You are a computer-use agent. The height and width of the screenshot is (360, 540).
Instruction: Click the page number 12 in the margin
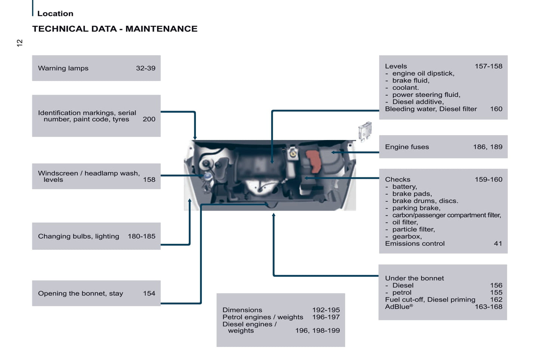pyautogui.click(x=19, y=43)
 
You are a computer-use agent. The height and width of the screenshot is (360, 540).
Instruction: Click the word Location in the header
pyautogui.click(x=55, y=13)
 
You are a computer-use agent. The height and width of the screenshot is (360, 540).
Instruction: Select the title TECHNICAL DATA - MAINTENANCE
pyautogui.click(x=115, y=29)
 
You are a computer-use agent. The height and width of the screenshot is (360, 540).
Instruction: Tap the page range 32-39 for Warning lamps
pyautogui.click(x=146, y=68)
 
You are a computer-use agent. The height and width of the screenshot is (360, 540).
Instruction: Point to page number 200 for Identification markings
pyautogui.click(x=149, y=119)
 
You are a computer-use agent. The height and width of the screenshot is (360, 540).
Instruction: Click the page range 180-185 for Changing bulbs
pyautogui.click(x=142, y=236)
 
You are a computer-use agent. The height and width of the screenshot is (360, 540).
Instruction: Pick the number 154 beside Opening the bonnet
pyautogui.click(x=149, y=293)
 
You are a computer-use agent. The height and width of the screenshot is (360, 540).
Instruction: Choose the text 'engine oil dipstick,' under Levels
pyautogui.click(x=423, y=74)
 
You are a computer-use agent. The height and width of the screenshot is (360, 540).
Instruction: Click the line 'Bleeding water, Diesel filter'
pyautogui.click(x=431, y=109)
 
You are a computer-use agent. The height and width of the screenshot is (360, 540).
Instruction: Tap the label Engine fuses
pyautogui.click(x=407, y=147)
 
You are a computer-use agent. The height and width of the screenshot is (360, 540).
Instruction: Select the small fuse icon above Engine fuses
pyautogui.click(x=365, y=131)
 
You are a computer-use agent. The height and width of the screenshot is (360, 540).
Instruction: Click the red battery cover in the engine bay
pyautogui.click(x=314, y=161)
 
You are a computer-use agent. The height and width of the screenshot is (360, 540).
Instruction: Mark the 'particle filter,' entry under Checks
pyautogui.click(x=414, y=229)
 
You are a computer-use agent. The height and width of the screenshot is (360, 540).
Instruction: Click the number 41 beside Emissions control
pyautogui.click(x=498, y=243)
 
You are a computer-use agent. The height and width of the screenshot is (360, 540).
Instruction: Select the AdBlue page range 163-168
pyautogui.click(x=489, y=307)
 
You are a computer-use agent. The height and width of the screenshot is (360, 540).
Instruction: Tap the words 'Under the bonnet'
pyautogui.click(x=414, y=278)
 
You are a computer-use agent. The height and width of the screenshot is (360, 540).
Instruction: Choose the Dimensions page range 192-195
pyautogui.click(x=326, y=310)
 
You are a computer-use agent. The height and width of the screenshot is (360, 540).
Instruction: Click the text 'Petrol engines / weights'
pyautogui.click(x=263, y=317)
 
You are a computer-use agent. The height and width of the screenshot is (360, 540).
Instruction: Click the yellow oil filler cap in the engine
pyautogui.click(x=293, y=153)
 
